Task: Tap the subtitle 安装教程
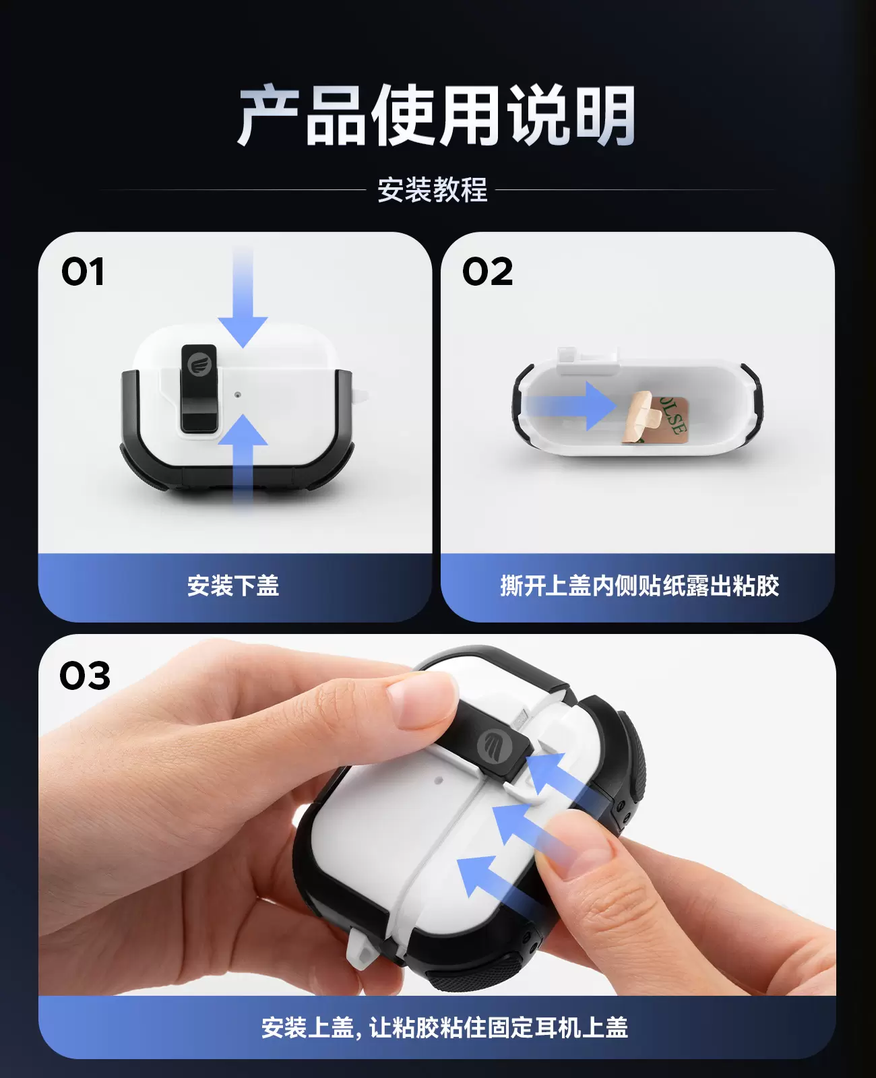click(433, 190)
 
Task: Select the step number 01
click(82, 272)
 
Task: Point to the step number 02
click(487, 272)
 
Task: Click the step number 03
click(84, 676)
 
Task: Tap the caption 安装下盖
click(233, 585)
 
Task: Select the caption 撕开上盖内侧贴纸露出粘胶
click(639, 585)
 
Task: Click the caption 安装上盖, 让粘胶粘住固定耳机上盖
click(445, 1027)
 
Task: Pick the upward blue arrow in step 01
click(243, 463)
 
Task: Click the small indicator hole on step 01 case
click(237, 395)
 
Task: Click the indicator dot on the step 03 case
click(439, 780)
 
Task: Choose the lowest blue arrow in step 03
click(499, 882)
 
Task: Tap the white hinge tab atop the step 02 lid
click(587, 360)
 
